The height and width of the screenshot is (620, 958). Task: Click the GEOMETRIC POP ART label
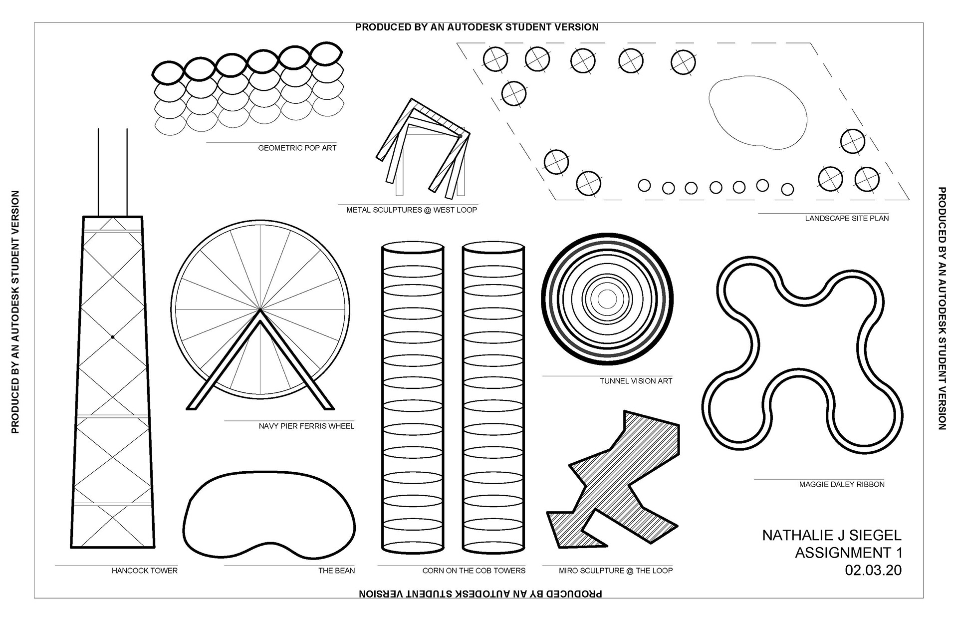[x=297, y=148]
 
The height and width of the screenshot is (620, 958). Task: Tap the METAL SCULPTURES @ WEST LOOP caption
[x=412, y=210]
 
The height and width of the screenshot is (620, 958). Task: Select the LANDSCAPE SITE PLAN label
[x=847, y=219]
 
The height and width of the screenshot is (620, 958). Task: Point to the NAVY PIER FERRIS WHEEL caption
[x=306, y=426]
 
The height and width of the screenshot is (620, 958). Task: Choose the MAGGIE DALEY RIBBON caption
[x=842, y=485]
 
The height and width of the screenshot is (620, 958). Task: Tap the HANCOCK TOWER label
[x=144, y=571]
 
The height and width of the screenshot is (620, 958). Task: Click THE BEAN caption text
[x=337, y=571]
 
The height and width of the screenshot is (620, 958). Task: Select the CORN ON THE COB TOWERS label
[x=474, y=571]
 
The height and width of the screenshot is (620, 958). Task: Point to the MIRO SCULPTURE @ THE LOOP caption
[x=615, y=571]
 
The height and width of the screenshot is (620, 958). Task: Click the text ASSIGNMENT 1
[x=848, y=553]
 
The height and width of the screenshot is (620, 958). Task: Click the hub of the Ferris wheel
[x=260, y=310]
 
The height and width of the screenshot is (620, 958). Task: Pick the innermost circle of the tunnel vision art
[x=607, y=300]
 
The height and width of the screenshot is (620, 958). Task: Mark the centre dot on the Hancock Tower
[x=113, y=337]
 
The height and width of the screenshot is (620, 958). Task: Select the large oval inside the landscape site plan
[x=757, y=114]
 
